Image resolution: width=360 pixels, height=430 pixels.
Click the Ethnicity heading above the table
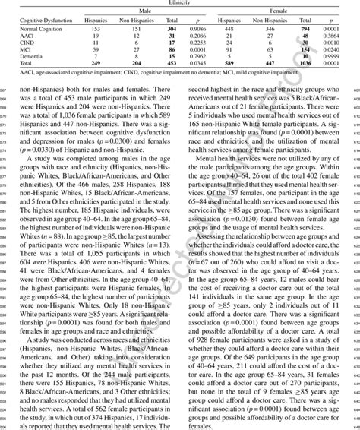coord(180,3)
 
